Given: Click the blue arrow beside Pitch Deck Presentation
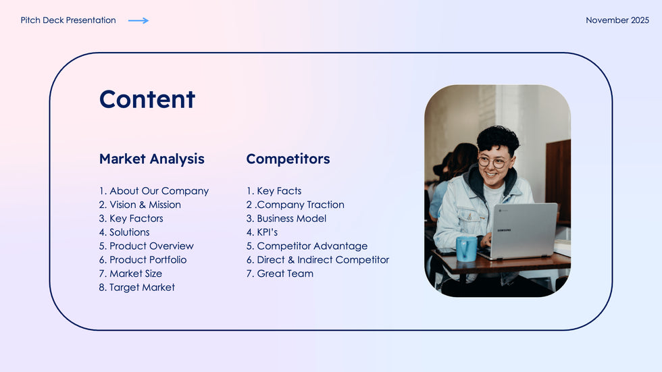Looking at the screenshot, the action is pos(138,20).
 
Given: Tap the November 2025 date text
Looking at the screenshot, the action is pos(617,20).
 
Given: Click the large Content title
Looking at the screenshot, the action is pos(147,99).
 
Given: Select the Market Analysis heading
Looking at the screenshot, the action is pos(151,159).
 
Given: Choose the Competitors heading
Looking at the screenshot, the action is pos(288,159).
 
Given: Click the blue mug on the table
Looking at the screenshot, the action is pos(467,248).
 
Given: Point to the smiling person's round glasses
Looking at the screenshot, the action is pos(493,161).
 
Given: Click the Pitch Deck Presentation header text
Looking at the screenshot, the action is pos(68,20).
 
